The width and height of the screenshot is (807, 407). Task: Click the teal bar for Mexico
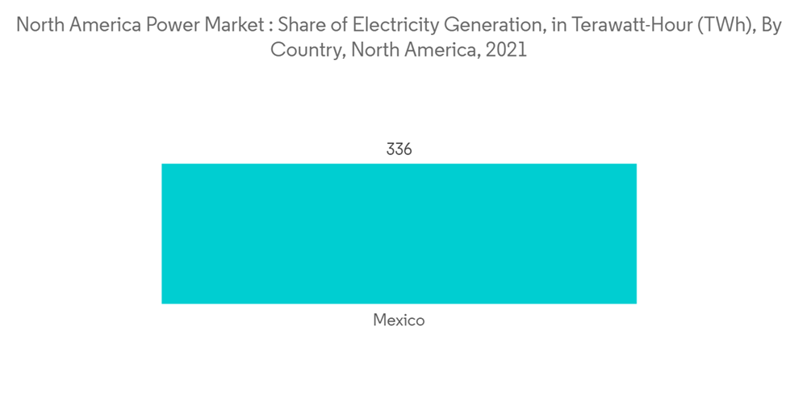point(399,233)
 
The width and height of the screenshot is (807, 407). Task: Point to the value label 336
point(399,149)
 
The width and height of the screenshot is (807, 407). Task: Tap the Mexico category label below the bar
point(399,321)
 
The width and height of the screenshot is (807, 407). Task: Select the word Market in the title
point(229,26)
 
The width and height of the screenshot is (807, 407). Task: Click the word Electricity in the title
point(390,26)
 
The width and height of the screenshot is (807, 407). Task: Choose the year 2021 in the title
point(508,50)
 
